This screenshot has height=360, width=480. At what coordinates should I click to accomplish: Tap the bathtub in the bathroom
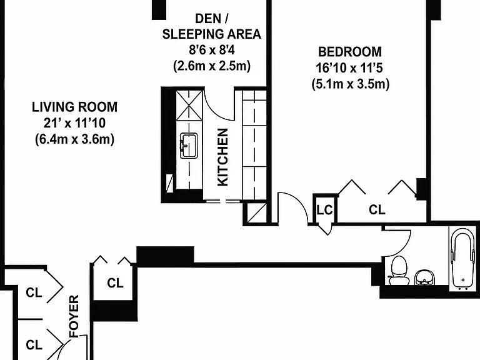tap(463, 259)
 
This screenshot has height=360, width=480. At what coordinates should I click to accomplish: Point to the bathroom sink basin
tap(424, 277)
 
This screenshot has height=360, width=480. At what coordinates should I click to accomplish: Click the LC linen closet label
tap(324, 210)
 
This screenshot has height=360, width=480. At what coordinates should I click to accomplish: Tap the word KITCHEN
tap(223, 157)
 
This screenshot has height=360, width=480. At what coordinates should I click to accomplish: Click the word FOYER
tap(74, 316)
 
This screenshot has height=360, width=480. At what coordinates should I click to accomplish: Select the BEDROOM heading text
tap(350, 52)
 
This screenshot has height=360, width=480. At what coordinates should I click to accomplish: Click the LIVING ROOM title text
tap(75, 107)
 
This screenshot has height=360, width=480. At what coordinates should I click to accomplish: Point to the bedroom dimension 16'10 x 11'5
tap(349, 67)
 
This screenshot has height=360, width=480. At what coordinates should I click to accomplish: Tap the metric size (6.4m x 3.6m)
tap(75, 139)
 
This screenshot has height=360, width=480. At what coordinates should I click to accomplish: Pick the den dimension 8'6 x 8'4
tap(212, 49)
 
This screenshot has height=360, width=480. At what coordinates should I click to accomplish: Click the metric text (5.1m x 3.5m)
tap(351, 84)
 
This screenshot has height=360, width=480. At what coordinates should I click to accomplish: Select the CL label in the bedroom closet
tap(377, 210)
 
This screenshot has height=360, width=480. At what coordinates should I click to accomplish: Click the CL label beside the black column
tap(115, 283)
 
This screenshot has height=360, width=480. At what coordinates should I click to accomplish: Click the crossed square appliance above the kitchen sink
tap(189, 106)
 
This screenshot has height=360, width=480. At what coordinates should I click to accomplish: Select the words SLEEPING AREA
tap(212, 34)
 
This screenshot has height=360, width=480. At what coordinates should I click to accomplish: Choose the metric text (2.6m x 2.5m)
tap(212, 66)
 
